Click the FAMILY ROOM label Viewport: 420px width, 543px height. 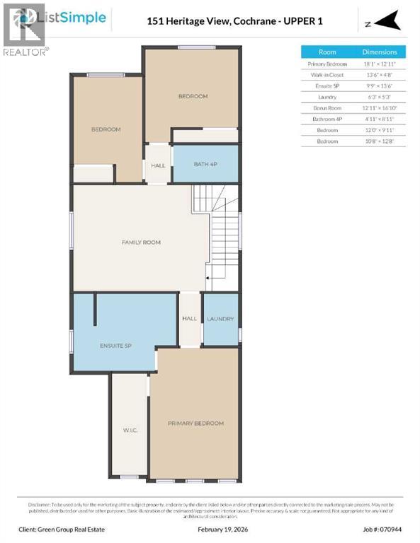141,243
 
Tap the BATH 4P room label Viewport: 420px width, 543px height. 205,165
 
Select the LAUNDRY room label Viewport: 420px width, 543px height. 220,319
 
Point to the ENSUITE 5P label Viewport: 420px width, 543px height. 115,346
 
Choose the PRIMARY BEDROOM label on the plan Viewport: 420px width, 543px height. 195,424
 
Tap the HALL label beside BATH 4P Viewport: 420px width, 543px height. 158,165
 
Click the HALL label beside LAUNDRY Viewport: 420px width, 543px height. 189,319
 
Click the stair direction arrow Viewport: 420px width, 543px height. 208,280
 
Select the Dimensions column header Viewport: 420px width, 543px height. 380,52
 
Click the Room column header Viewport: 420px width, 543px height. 327,52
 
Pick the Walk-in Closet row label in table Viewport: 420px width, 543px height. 327,74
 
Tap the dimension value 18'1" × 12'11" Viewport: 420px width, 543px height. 380,64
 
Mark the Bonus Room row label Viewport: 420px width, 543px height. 327,108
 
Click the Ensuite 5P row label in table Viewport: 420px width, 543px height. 327,86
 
